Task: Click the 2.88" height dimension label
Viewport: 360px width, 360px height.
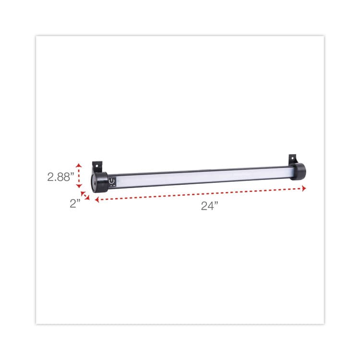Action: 60,176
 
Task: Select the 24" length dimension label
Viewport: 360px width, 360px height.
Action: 209,205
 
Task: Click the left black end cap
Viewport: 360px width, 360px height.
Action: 100,182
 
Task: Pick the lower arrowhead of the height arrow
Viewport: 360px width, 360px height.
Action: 79,189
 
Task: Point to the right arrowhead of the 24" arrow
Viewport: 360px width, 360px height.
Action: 304,189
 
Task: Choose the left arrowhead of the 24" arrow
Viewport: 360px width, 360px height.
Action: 97,200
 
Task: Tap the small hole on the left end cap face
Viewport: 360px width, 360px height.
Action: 94,183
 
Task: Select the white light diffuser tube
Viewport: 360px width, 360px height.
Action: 202,176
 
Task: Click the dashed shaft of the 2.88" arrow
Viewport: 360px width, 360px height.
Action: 79,176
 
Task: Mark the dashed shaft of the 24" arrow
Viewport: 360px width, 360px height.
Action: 202,194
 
